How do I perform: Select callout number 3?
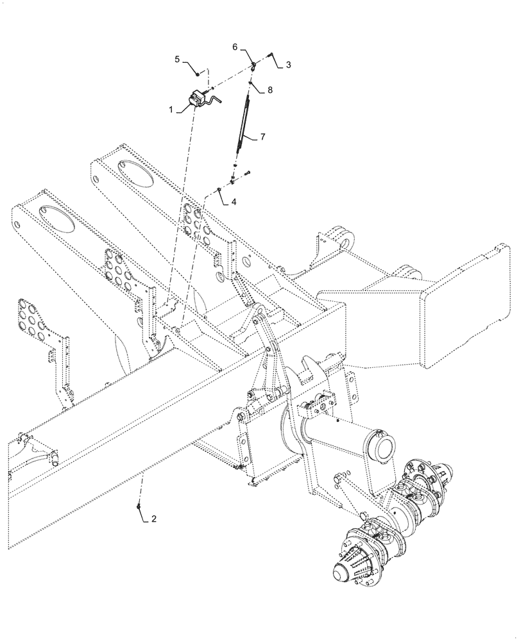click(288, 65)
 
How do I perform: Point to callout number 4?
click(234, 201)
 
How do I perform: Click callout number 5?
click(177, 60)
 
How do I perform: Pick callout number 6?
click(235, 47)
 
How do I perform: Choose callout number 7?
click(261, 137)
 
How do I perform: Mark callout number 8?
click(269, 90)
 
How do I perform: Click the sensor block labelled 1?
click(198, 99)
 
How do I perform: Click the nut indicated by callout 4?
click(219, 190)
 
